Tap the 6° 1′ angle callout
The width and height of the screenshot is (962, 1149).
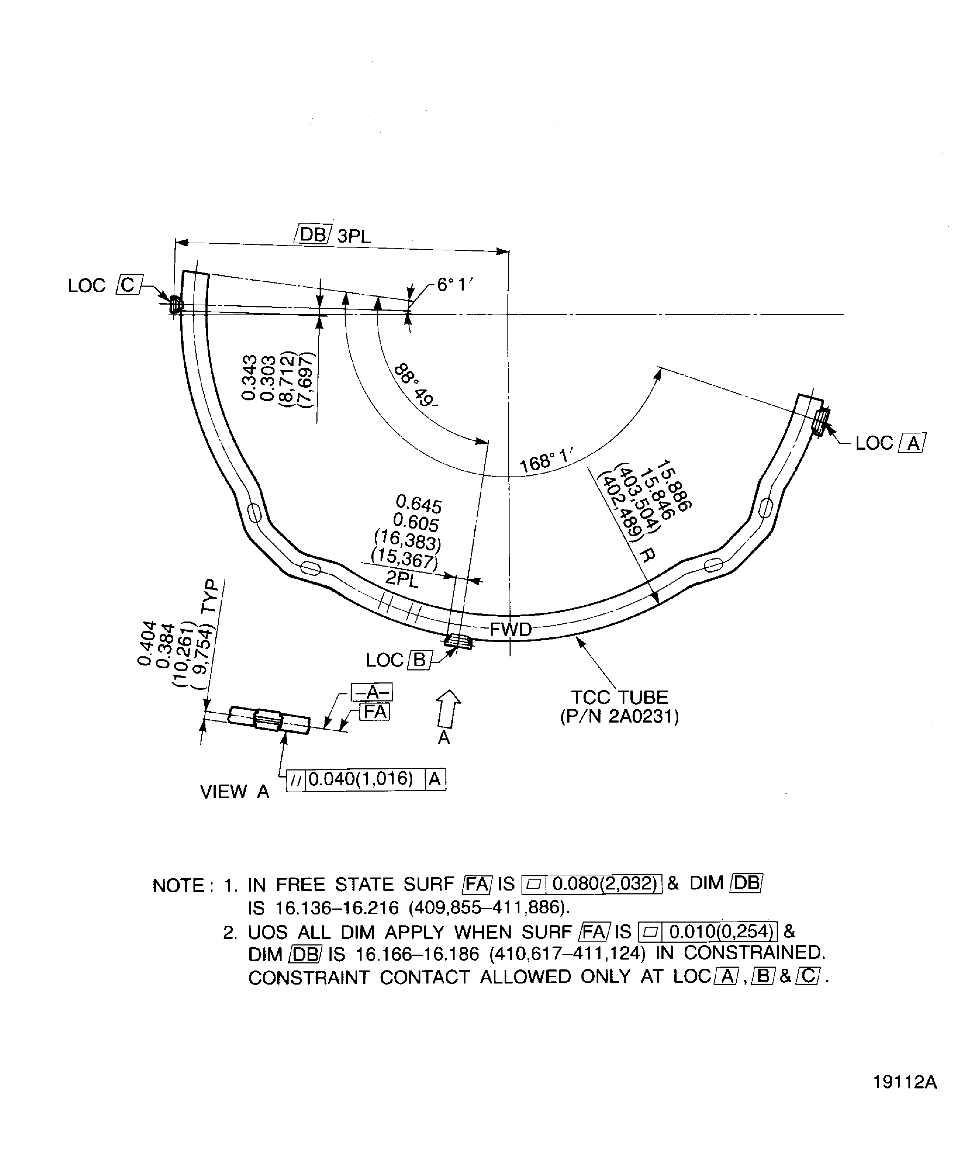(x=454, y=285)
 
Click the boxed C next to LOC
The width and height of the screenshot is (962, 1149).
(x=128, y=285)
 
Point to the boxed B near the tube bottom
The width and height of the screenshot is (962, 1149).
(x=419, y=660)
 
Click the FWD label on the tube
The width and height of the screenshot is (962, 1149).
(x=510, y=630)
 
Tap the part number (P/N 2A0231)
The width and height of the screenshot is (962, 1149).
(x=619, y=716)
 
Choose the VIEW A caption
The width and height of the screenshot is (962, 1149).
(x=234, y=791)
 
